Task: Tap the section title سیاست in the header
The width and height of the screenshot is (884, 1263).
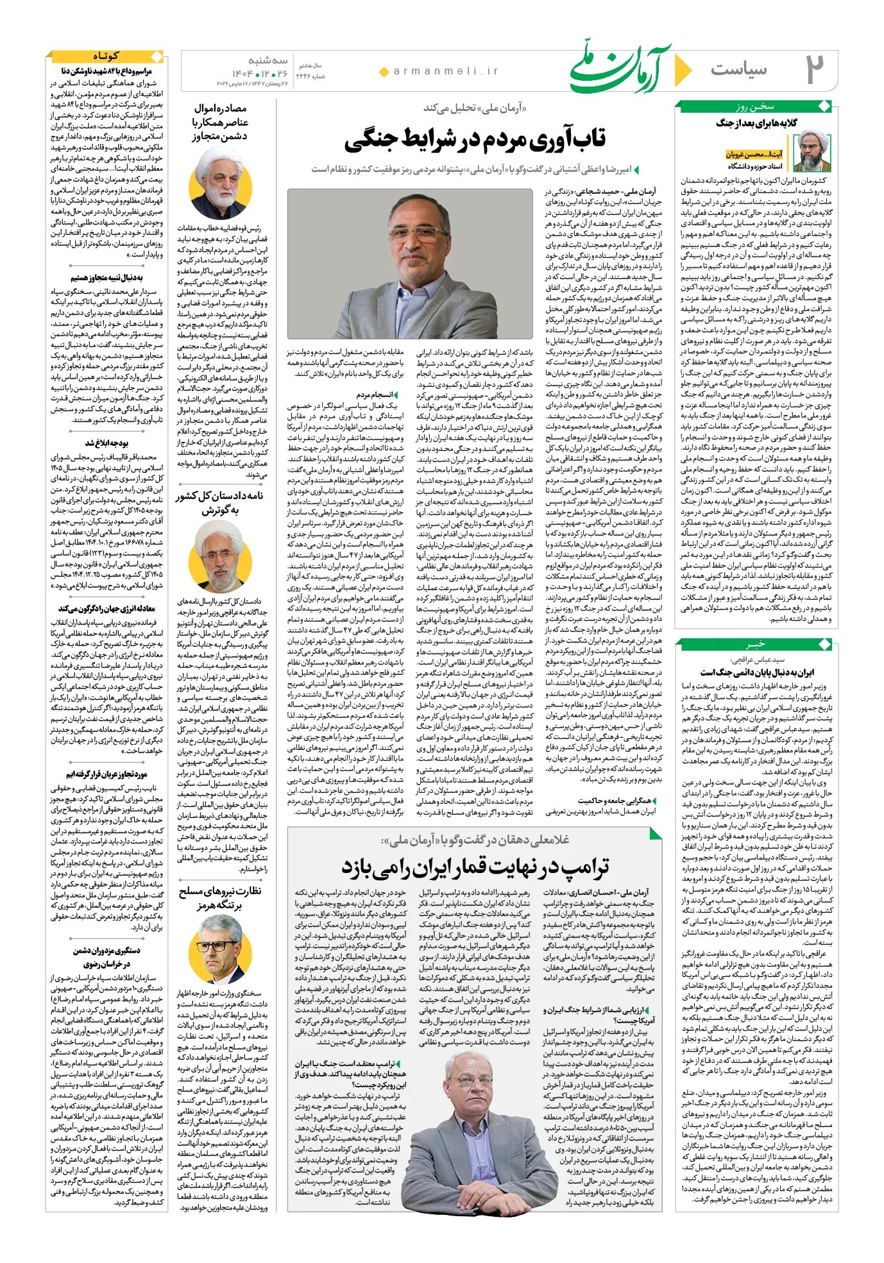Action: click(x=738, y=69)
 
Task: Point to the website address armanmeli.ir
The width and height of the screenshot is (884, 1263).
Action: click(x=446, y=71)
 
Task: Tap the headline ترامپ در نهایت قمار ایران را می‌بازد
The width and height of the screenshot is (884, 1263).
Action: click(x=475, y=867)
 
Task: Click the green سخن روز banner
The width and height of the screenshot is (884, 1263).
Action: click(x=755, y=106)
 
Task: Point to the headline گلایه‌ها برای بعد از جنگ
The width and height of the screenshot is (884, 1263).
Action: click(x=756, y=123)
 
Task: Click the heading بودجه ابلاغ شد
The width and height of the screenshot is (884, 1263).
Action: click(x=106, y=443)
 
